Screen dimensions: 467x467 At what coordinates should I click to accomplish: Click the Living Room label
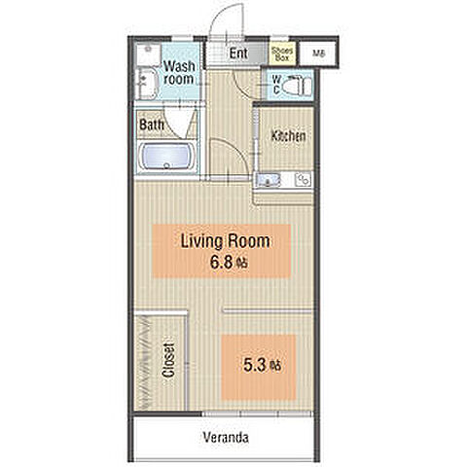226,241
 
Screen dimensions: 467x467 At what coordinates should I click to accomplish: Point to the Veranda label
226,438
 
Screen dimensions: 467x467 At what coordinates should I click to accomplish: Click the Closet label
168,360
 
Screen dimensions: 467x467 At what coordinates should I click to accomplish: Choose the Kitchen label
288,136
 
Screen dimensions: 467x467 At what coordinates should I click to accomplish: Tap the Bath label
152,125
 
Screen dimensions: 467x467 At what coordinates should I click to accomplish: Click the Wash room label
179,73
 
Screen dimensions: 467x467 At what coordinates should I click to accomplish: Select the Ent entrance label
238,54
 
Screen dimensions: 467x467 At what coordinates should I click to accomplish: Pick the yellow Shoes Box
282,54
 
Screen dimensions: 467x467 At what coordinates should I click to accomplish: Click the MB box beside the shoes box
318,54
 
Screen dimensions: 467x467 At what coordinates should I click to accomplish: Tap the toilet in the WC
297,87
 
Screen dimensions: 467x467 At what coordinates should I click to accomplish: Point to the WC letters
276,85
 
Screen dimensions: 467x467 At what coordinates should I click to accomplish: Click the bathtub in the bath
166,157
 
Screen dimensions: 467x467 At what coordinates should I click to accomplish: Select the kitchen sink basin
268,180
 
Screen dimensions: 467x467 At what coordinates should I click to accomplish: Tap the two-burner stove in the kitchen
303,179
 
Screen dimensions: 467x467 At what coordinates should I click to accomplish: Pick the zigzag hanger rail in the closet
143,362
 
